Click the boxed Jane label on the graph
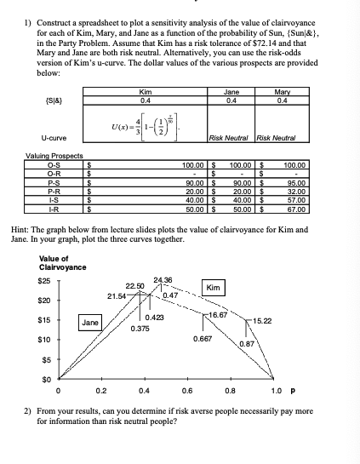point(91,323)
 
